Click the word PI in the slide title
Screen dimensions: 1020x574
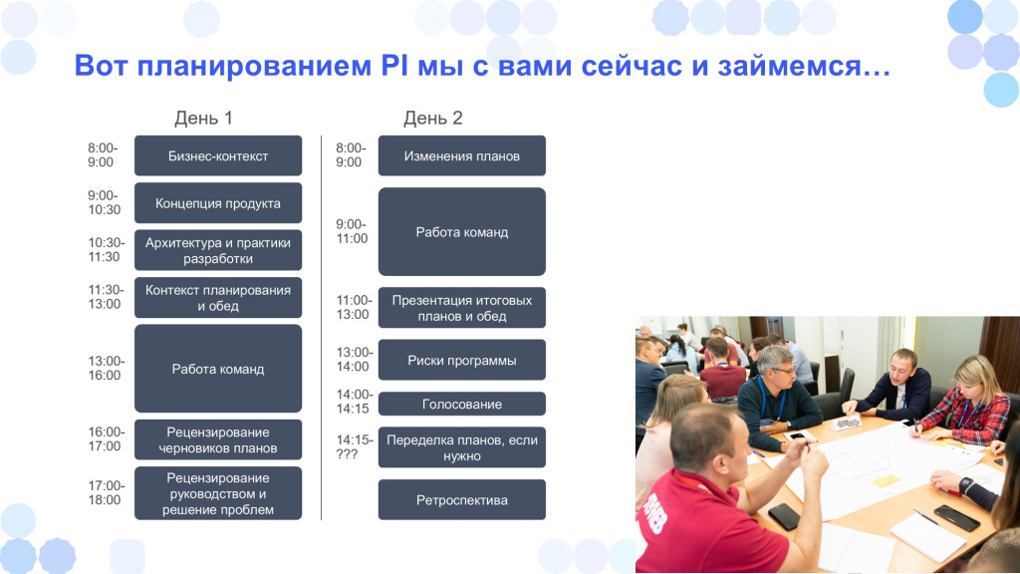(394, 66)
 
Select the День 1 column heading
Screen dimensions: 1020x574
(203, 119)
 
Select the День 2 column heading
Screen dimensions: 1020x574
(432, 119)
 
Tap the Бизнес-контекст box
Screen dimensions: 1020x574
(218, 155)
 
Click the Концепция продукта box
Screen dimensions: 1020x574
(218, 203)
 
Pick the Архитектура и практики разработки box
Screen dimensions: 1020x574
(218, 250)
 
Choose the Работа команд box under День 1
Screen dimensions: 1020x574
(218, 369)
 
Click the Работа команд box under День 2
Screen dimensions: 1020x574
(462, 231)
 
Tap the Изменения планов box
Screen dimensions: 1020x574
(462, 155)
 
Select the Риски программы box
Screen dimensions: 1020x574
(462, 360)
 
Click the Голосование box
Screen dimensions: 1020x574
(462, 404)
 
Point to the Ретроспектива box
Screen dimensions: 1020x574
(462, 500)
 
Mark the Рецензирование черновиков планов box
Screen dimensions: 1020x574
(218, 439)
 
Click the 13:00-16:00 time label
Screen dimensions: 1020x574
(105, 369)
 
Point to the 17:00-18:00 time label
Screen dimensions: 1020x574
(105, 492)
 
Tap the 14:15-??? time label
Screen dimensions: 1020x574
(355, 447)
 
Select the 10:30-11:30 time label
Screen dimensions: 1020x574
(105, 250)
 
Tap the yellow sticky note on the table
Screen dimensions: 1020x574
(886, 481)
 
